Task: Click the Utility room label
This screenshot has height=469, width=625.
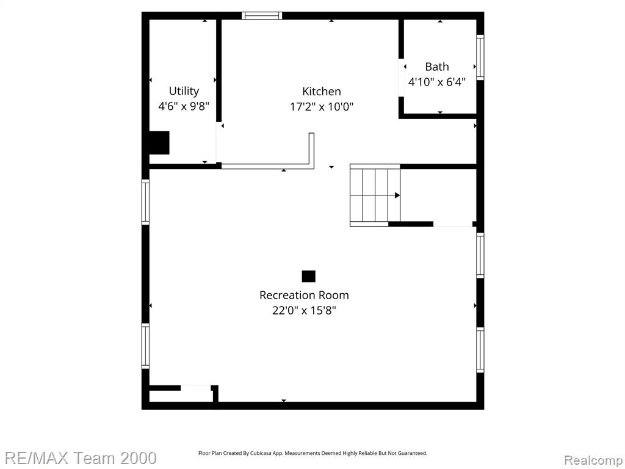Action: (x=184, y=92)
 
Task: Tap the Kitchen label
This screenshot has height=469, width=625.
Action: (x=322, y=92)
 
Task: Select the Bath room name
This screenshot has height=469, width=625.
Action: (x=437, y=67)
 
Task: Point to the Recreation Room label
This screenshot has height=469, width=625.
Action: (x=304, y=295)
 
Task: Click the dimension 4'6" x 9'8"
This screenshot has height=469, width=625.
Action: (x=184, y=106)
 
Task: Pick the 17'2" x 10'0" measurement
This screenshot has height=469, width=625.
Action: (x=322, y=106)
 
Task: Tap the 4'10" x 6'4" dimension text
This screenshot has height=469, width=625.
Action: (x=437, y=82)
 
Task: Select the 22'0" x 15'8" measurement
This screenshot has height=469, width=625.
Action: (x=304, y=310)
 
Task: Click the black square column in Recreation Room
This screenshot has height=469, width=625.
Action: (x=308, y=277)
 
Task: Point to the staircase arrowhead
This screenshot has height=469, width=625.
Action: (x=397, y=195)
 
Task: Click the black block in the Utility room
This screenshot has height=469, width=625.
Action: (x=159, y=143)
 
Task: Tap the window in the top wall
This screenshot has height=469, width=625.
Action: (x=262, y=16)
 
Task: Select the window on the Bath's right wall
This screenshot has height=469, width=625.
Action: (x=480, y=57)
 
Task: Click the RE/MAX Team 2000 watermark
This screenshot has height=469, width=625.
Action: (x=81, y=458)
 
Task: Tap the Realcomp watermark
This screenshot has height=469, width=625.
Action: (x=593, y=460)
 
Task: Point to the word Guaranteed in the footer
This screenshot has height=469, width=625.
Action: (x=413, y=453)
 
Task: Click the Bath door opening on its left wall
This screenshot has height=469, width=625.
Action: (x=402, y=78)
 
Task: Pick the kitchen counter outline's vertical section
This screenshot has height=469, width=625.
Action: (x=312, y=148)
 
